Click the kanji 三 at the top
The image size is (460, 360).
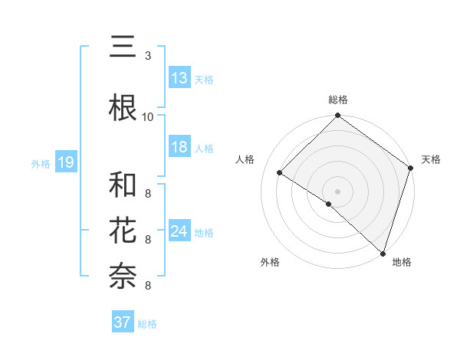[123, 47]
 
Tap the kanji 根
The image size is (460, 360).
[123, 107]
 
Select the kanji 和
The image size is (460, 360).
[123, 185]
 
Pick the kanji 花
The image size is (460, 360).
[123, 231]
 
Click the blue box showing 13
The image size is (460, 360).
[179, 78]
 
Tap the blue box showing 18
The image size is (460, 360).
[179, 147]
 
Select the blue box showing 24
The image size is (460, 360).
[179, 231]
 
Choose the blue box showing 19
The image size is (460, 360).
[65, 162]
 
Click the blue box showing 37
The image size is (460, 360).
[122, 322]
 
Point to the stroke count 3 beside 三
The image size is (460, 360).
[147, 56]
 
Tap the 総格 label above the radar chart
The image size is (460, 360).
[338, 100]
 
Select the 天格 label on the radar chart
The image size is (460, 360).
[431, 159]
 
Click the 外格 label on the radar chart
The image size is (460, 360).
[270, 262]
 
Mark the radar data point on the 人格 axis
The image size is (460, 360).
[280, 173]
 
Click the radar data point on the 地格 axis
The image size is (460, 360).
[383, 252]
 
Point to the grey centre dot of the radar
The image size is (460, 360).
[337, 191]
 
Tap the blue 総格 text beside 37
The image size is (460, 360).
[147, 324]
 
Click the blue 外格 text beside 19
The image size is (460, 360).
[40, 163]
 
